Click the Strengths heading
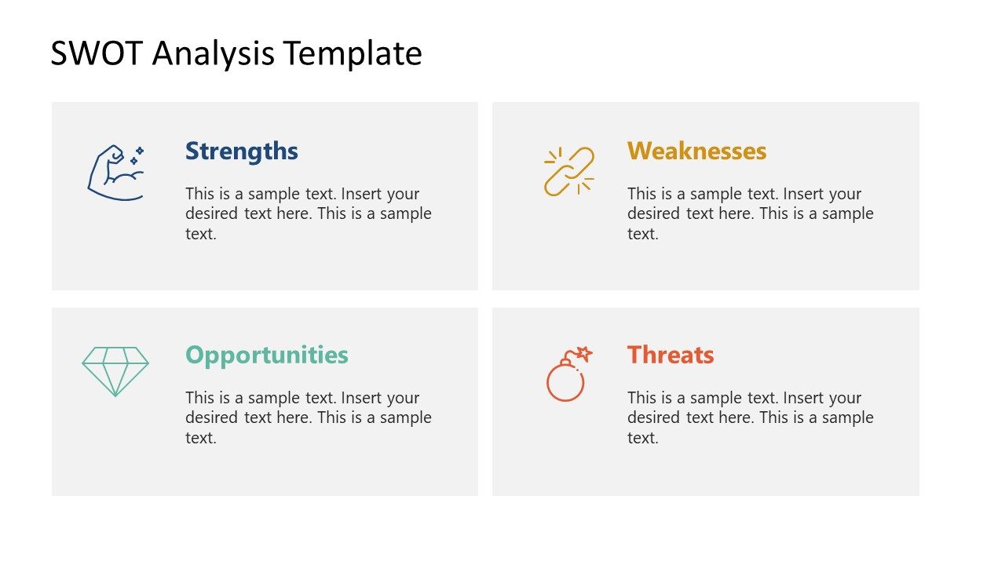pyautogui.click(x=241, y=151)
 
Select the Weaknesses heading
pyautogui.click(x=696, y=151)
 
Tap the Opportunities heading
pyautogui.click(x=266, y=355)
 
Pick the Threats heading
pyautogui.click(x=671, y=355)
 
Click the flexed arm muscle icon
pyautogui.click(x=115, y=173)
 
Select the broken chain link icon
pyautogui.click(x=569, y=171)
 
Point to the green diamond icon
pyautogui.click(x=115, y=371)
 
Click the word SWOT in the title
pyautogui.click(x=96, y=53)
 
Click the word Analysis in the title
pyautogui.click(x=214, y=53)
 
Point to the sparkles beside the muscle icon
pyautogui.click(x=137, y=155)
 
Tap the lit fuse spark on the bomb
pyautogui.click(x=583, y=354)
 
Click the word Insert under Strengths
pyautogui.click(x=362, y=194)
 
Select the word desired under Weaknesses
pyautogui.click(x=654, y=213)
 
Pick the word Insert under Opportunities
pyautogui.click(x=362, y=398)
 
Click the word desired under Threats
pyautogui.click(x=654, y=417)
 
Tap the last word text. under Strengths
pyautogui.click(x=200, y=234)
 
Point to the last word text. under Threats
pyautogui.click(x=642, y=438)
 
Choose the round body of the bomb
pyautogui.click(x=565, y=382)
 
